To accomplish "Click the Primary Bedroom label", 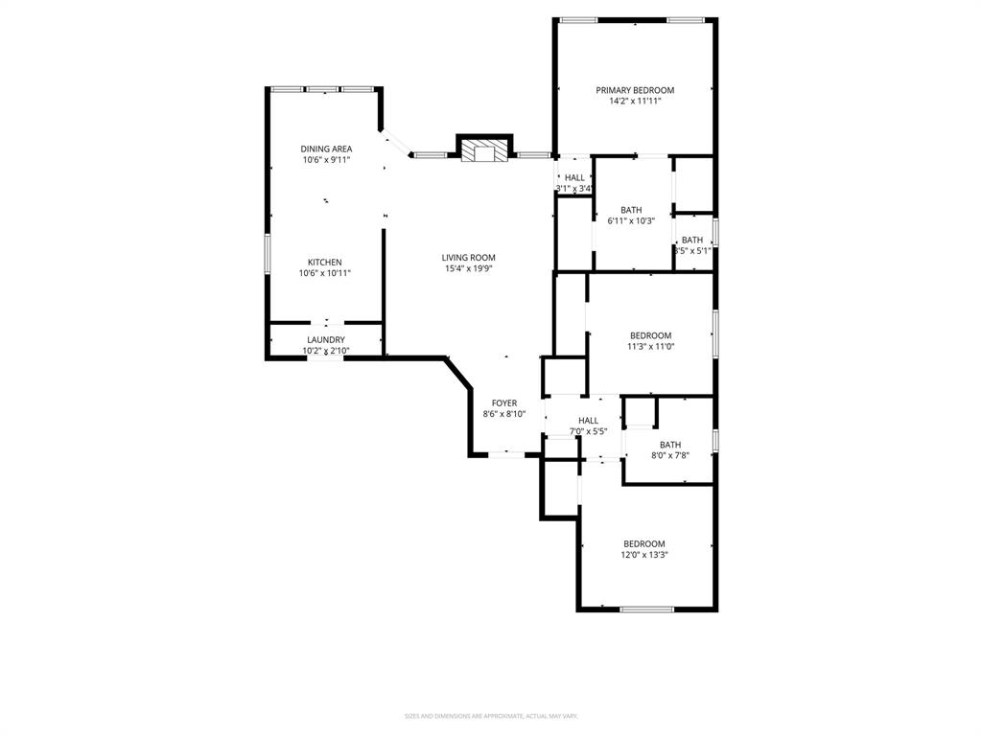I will (x=634, y=90).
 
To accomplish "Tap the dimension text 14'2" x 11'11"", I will (x=634, y=101).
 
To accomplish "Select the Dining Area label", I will (x=326, y=149).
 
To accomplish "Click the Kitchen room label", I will (x=324, y=263).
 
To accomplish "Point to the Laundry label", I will (x=326, y=340).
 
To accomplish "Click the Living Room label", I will (x=468, y=257).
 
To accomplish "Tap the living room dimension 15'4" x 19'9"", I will (x=468, y=268).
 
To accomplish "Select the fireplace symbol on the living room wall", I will (x=483, y=150).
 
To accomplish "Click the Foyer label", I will (x=504, y=403).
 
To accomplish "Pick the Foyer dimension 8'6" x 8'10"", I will (x=504, y=414).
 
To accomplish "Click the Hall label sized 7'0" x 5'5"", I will (x=588, y=421).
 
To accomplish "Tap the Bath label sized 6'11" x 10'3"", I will (x=631, y=210).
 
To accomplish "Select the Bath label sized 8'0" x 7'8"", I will (x=669, y=445).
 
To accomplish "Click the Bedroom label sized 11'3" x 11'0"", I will (x=650, y=335).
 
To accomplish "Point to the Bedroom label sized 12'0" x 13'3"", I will (x=643, y=543).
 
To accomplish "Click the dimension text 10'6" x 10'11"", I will (x=324, y=273).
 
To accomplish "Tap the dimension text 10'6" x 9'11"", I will (x=326, y=160).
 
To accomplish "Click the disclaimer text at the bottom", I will (x=490, y=716).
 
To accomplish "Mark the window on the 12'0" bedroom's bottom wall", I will (x=646, y=609).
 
